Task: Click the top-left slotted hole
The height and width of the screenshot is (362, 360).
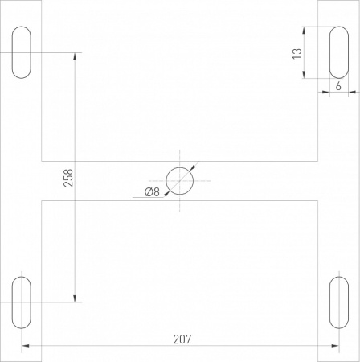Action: coord(22,53)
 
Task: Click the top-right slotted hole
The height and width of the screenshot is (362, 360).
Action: coord(339,53)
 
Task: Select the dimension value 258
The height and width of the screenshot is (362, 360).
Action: coord(68,178)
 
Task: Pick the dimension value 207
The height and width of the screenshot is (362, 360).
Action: coord(182,339)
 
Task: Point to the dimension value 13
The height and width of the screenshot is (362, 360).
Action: coord(297,53)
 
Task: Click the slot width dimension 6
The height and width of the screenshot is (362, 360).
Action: coord(338,84)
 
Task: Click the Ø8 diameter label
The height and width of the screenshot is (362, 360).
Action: coord(152,191)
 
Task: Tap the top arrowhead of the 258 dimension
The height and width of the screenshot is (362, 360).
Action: coord(76,57)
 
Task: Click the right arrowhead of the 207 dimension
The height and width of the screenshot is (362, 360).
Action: coord(335,347)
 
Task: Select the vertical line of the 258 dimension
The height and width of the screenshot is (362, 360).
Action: coord(76,121)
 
